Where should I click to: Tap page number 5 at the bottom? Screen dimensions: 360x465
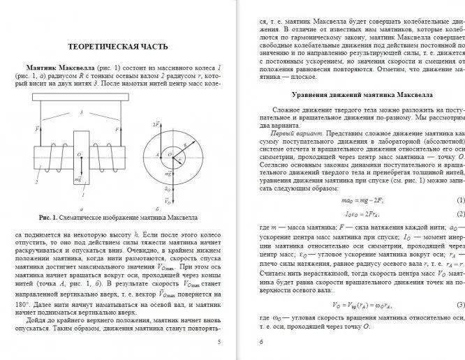point(219,342)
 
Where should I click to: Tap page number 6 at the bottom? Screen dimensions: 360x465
point(260,342)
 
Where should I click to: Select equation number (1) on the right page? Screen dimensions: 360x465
point(460,200)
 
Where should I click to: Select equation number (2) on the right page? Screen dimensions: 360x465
point(460,213)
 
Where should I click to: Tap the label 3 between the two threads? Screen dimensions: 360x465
point(81,112)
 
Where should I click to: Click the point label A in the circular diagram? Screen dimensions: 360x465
point(158,153)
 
